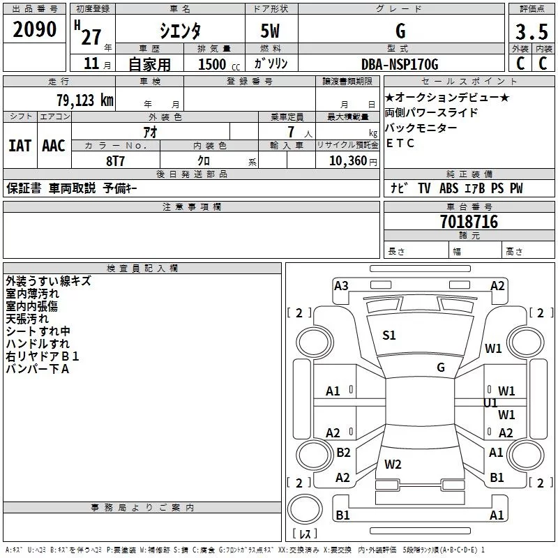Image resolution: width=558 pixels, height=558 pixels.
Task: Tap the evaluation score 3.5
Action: [x=531, y=33]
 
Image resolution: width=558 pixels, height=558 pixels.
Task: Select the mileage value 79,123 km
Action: [x=84, y=100]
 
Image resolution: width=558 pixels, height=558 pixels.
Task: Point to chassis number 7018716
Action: [x=469, y=222]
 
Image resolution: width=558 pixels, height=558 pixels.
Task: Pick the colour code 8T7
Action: [x=115, y=160]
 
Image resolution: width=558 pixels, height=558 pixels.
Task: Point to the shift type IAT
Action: [x=20, y=145]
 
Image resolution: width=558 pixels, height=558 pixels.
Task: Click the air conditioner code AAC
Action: [x=53, y=145]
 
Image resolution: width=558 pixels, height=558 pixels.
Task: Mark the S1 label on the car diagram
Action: [x=389, y=335]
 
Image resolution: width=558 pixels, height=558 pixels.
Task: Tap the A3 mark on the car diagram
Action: [x=341, y=285]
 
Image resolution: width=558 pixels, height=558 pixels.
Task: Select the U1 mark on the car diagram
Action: [x=490, y=402]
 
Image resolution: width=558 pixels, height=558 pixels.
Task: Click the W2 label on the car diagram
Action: [x=393, y=464]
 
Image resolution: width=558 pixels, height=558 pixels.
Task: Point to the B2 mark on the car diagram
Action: [x=343, y=453]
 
